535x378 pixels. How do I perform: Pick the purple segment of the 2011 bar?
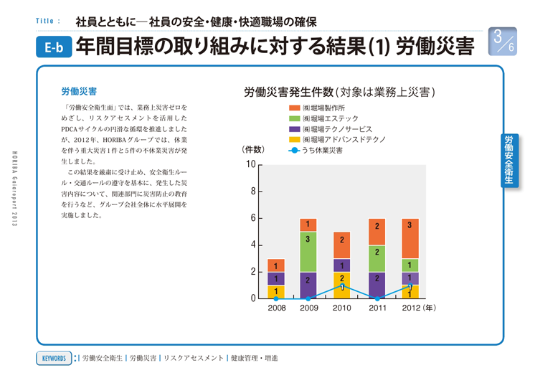[377, 285]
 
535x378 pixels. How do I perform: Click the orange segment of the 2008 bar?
[276, 265]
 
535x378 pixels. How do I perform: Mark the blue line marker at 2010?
[342, 285]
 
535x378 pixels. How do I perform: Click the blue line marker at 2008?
[276, 298]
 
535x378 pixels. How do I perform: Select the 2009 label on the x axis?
[308, 308]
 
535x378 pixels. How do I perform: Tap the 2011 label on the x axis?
[377, 308]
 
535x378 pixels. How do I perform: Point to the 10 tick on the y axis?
[250, 165]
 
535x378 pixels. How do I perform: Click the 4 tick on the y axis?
[252, 245]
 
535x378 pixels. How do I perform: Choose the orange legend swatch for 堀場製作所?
[294, 107]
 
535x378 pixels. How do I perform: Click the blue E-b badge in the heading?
[53, 48]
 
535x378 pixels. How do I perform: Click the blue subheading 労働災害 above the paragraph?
[79, 92]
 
